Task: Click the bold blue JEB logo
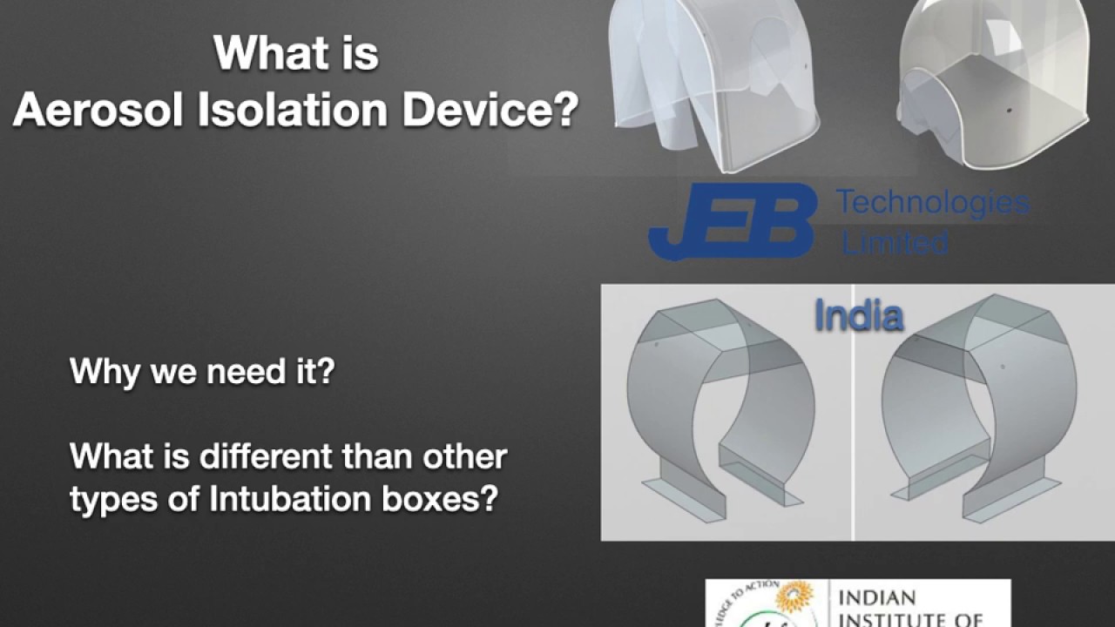732,223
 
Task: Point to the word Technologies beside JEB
932,204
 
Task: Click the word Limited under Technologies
895,242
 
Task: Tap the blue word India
858,316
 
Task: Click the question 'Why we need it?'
202,373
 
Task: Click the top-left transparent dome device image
714,83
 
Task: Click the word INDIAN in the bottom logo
875,598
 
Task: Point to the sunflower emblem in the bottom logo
796,597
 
